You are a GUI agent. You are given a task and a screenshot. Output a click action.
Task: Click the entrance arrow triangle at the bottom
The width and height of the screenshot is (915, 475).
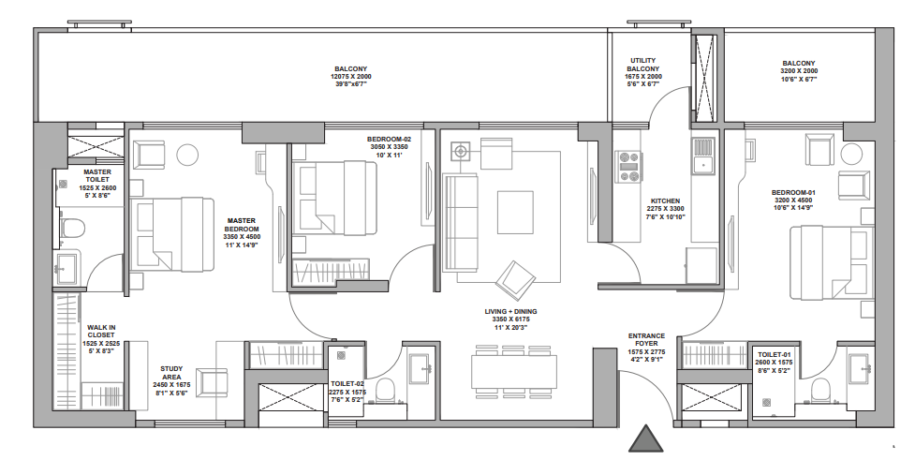[645, 439]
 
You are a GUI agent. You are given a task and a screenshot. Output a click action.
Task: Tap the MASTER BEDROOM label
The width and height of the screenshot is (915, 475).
[242, 229]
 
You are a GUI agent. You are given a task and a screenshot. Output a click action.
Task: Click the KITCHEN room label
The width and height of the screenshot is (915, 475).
[666, 201]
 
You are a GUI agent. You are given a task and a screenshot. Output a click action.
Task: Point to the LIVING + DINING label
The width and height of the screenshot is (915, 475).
[511, 311]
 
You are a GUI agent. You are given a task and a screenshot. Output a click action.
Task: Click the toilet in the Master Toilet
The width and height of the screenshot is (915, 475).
[71, 228]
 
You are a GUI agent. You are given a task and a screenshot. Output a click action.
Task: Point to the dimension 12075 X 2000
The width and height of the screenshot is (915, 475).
[351, 77]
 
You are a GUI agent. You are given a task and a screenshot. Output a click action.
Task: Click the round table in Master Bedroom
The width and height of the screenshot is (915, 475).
[187, 154]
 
